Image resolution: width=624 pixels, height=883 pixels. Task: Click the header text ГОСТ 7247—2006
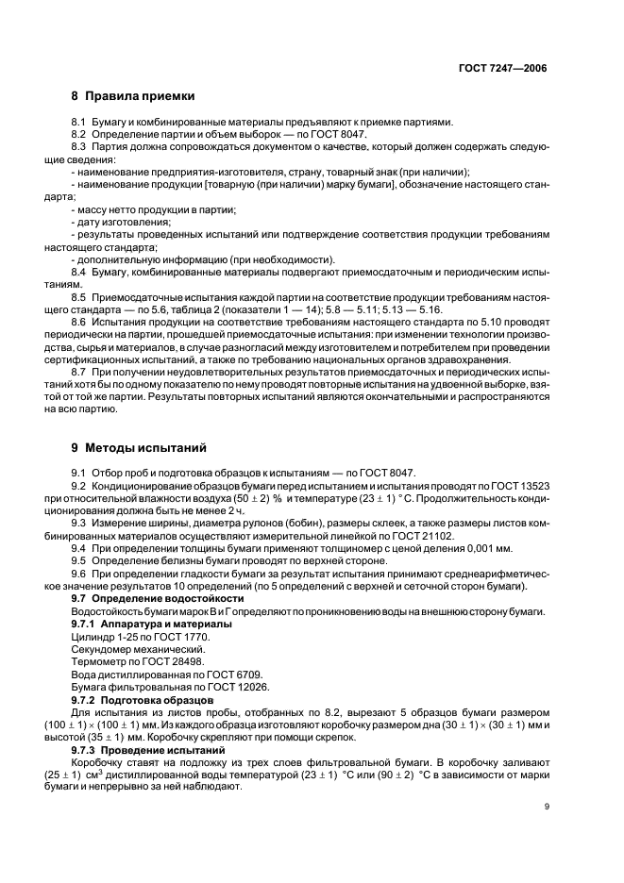(x=503, y=69)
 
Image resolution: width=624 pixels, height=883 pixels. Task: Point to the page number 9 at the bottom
(x=546, y=806)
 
